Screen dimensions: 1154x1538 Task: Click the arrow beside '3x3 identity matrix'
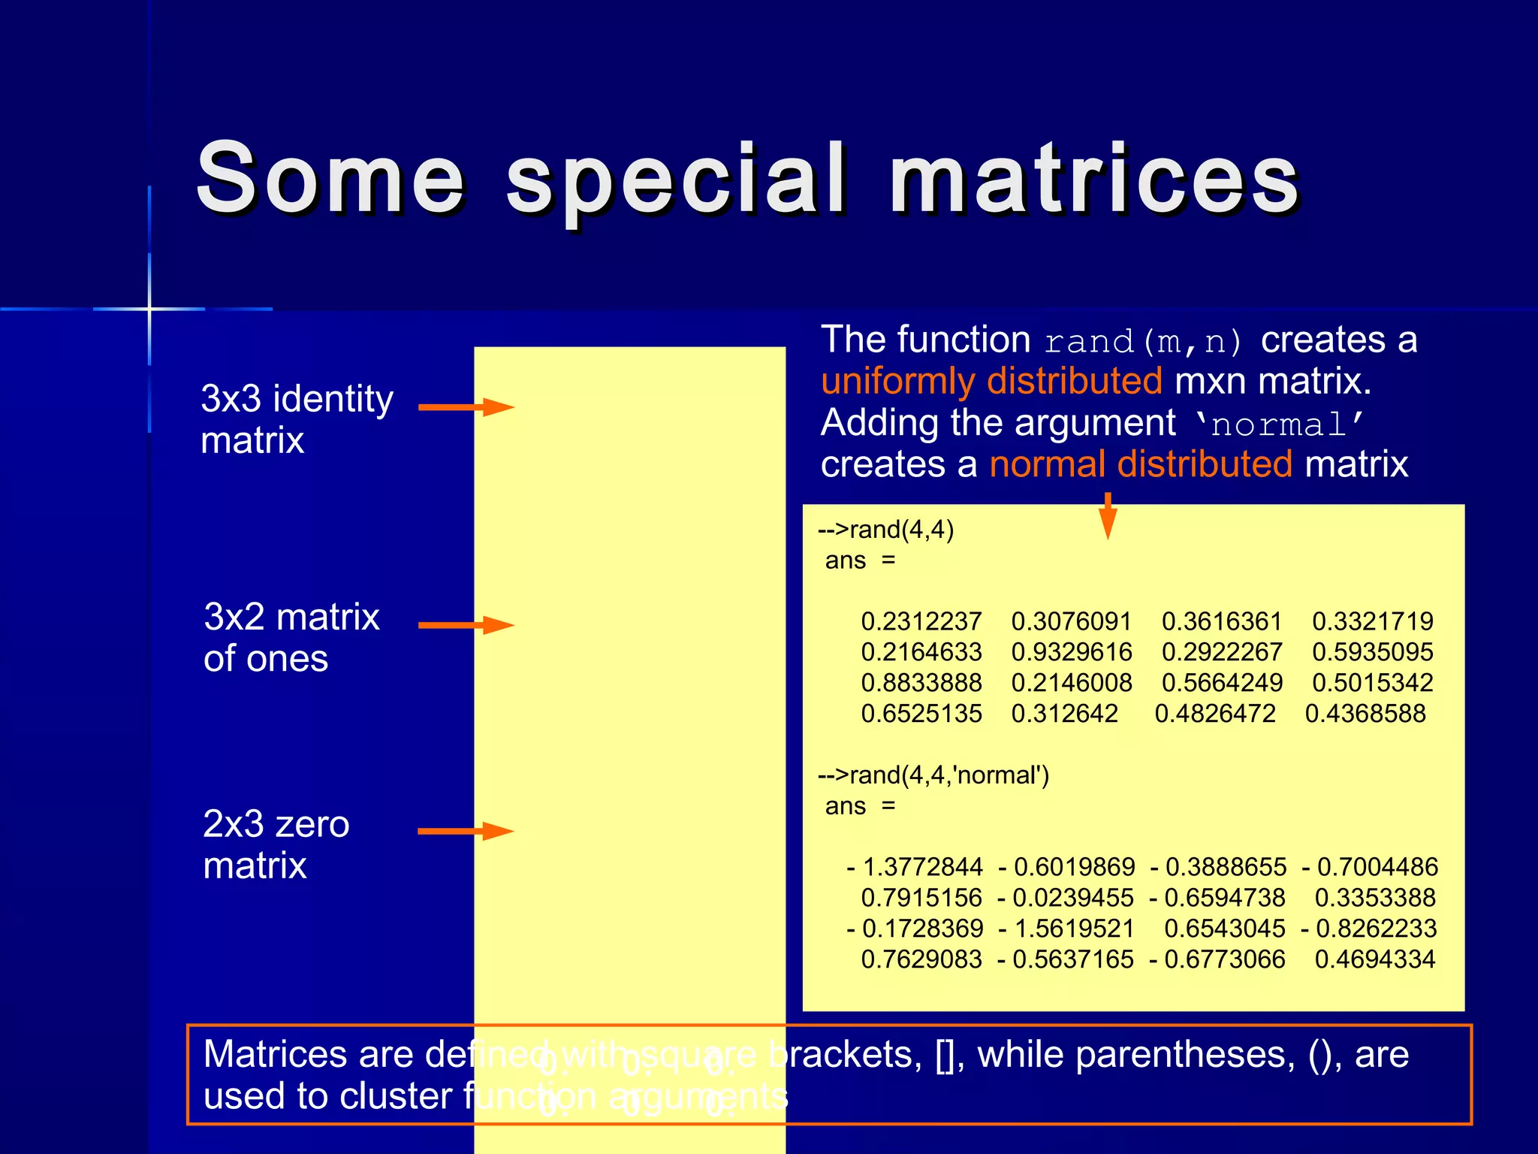(x=466, y=407)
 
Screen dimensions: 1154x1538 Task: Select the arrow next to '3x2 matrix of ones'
(x=466, y=625)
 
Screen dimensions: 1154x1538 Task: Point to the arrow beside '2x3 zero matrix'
(x=466, y=831)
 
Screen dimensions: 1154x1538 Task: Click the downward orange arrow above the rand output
(x=1108, y=516)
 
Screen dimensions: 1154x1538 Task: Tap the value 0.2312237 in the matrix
(x=921, y=621)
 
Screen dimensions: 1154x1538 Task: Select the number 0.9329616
(x=1072, y=652)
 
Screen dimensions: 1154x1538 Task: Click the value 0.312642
(x=1065, y=713)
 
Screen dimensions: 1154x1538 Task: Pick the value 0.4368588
(x=1365, y=713)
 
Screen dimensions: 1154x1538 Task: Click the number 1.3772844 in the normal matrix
(x=922, y=867)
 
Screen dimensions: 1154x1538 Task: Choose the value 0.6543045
(x=1225, y=929)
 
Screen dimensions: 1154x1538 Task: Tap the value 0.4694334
(x=1375, y=959)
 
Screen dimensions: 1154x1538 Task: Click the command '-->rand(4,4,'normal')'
(x=933, y=775)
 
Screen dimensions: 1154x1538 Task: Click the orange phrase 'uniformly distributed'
(x=991, y=381)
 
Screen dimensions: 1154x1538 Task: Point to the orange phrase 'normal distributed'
(x=1141, y=464)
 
